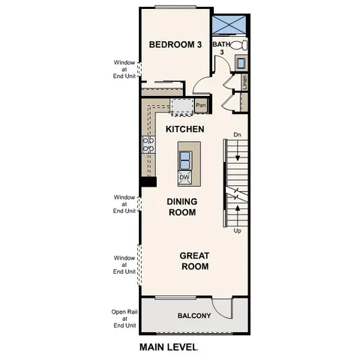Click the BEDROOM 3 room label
(x=175, y=45)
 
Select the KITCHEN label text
(x=184, y=130)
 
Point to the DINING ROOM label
(x=181, y=207)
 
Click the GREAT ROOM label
(x=193, y=260)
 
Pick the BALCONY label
(x=193, y=316)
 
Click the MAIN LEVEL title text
(x=168, y=348)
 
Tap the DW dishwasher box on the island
(x=184, y=177)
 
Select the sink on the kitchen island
(x=184, y=158)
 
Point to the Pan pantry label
(x=200, y=106)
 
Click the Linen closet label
(x=245, y=81)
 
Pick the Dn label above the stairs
(x=237, y=135)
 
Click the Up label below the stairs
(x=238, y=231)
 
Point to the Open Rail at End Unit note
(x=124, y=319)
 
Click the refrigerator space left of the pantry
(x=181, y=107)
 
